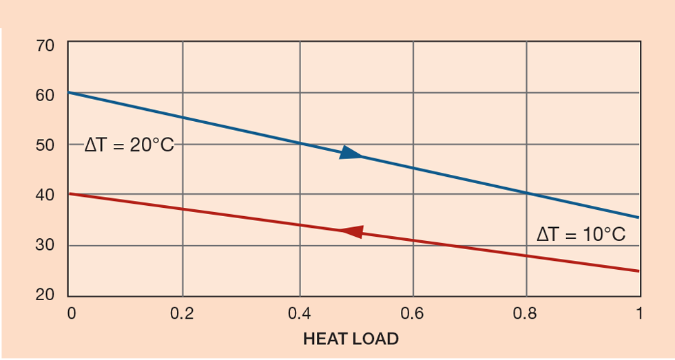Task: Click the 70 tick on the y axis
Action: point(44,46)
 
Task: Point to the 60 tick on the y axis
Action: point(44,95)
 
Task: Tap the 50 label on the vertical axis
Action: point(44,145)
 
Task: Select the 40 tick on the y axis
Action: point(44,195)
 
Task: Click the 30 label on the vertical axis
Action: point(44,246)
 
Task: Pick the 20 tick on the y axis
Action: point(44,295)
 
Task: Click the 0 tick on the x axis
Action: point(72,314)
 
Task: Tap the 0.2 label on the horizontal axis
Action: point(183,314)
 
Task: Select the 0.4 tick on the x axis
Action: point(299,314)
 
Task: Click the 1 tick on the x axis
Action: point(639,314)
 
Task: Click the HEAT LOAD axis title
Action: point(351,339)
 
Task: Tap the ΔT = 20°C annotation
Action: point(129,145)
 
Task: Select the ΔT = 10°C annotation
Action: point(581,234)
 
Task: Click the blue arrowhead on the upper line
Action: point(351,153)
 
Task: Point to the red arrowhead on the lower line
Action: point(352,232)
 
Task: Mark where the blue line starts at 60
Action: point(69,92)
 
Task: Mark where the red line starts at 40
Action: point(69,193)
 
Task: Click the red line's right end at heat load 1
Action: point(639,271)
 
